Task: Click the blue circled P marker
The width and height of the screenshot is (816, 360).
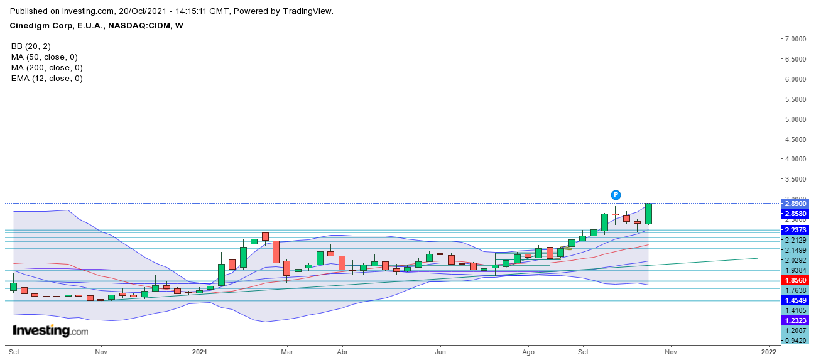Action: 616,195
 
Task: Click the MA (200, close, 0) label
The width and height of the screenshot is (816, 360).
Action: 46,68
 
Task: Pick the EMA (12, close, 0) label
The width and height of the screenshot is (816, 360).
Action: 46,79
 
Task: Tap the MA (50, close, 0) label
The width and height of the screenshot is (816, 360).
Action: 44,57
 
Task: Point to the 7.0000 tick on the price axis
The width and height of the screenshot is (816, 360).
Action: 794,39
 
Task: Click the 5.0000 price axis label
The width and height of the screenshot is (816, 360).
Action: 794,119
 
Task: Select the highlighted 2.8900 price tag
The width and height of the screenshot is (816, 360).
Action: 794,204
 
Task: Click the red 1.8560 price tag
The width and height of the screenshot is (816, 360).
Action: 794,280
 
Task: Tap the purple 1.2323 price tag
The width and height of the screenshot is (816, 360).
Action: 794,320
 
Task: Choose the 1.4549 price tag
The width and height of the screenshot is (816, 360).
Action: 794,300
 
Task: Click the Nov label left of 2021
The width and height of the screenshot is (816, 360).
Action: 100,352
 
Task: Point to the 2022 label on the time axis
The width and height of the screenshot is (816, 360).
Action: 768,352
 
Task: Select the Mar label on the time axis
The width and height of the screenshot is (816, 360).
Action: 287,352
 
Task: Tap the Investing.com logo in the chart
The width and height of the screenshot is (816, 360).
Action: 50,330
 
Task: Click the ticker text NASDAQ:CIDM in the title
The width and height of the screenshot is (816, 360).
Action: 136,26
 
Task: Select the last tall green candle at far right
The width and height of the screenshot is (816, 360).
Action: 648,214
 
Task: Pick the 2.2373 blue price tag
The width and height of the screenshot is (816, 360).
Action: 794,231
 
